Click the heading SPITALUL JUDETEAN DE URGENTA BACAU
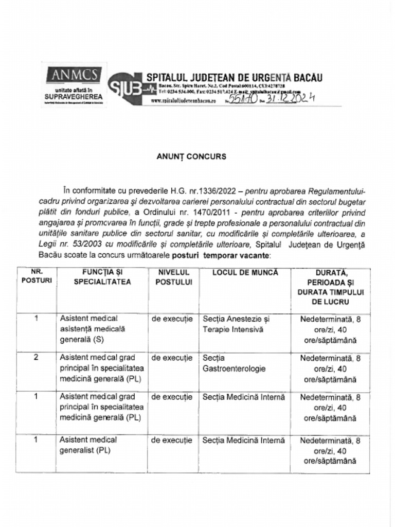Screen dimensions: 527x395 point(234,77)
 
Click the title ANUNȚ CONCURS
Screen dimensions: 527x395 point(191,157)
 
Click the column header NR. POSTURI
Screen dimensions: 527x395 point(36,277)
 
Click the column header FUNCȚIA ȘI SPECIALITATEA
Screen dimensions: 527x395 point(102,277)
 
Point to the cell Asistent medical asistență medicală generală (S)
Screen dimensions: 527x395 point(93,329)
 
